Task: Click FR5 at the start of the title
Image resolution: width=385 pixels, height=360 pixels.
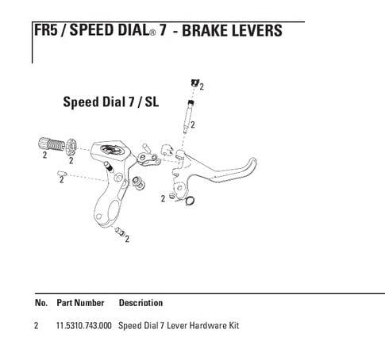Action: (46, 30)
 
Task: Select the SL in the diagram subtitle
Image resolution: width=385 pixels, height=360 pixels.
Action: (152, 101)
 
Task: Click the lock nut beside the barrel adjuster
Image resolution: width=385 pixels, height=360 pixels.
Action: (71, 147)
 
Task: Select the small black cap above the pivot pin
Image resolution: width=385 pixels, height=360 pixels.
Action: (194, 83)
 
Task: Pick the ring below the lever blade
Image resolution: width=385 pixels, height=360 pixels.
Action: (190, 201)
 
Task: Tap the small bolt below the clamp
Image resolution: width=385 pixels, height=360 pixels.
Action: (120, 231)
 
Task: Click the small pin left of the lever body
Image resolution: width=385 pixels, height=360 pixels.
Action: (62, 174)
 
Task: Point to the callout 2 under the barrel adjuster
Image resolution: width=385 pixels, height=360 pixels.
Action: (44, 155)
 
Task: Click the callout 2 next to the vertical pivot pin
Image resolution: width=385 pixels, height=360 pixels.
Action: (193, 124)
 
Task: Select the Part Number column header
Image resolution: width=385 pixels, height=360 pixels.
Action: (80, 303)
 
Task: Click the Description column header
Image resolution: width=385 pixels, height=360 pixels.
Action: (141, 303)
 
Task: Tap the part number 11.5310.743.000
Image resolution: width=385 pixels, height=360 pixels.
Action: (84, 325)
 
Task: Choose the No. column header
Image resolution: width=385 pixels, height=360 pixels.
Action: (41, 303)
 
